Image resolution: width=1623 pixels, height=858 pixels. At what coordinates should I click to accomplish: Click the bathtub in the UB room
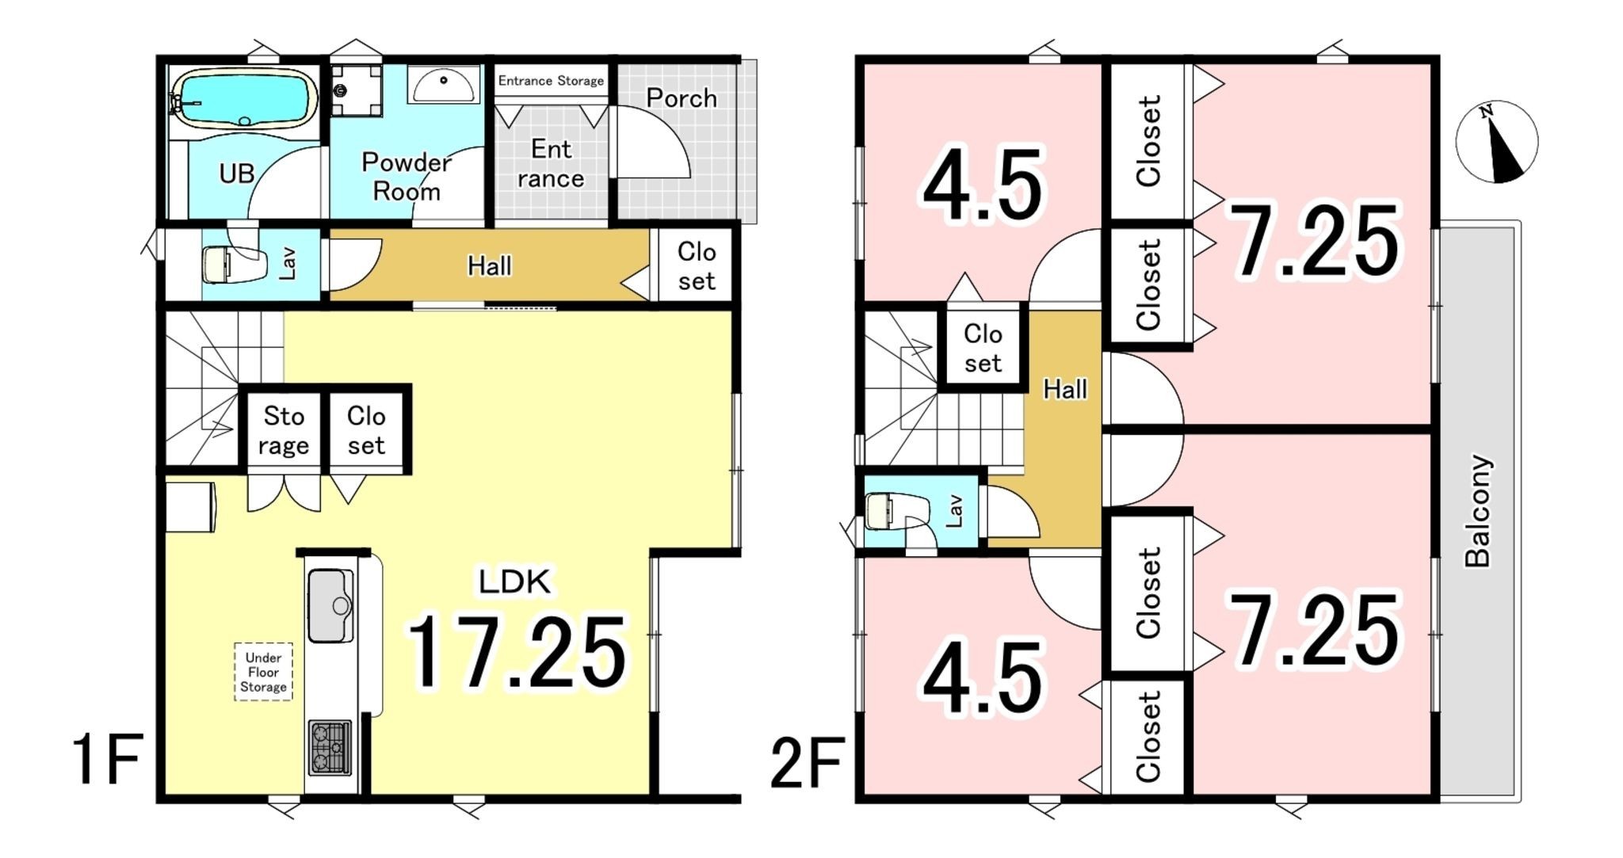coord(244,98)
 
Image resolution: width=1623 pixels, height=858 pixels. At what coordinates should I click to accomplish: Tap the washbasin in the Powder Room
coord(444,85)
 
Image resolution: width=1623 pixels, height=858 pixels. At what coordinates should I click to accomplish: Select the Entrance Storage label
coord(551,81)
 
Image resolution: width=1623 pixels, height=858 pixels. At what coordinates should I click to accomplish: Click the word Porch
coord(682,98)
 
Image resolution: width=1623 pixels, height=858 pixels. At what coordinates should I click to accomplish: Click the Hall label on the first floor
coord(489,266)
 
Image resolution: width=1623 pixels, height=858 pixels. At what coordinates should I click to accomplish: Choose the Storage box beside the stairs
coord(283,430)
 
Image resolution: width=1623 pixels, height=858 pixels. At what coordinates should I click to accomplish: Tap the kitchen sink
coord(330,606)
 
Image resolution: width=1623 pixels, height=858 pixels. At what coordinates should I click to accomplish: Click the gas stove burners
coord(330,746)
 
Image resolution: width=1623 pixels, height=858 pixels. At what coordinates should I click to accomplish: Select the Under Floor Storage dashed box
coord(263,672)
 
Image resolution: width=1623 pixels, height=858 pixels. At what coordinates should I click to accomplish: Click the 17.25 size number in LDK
coord(516,651)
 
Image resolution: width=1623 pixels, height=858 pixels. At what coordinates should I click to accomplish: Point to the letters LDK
coord(514,582)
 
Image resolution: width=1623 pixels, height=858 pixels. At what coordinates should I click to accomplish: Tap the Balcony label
coord(1478,511)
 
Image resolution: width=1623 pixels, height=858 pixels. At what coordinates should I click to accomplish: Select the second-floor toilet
coord(897,511)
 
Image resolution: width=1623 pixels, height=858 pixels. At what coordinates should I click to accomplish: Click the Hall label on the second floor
coord(1065,389)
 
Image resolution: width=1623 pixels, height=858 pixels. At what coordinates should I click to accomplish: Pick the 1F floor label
coord(108,759)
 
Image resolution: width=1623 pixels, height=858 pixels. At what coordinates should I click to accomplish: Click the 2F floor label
coord(807,763)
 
